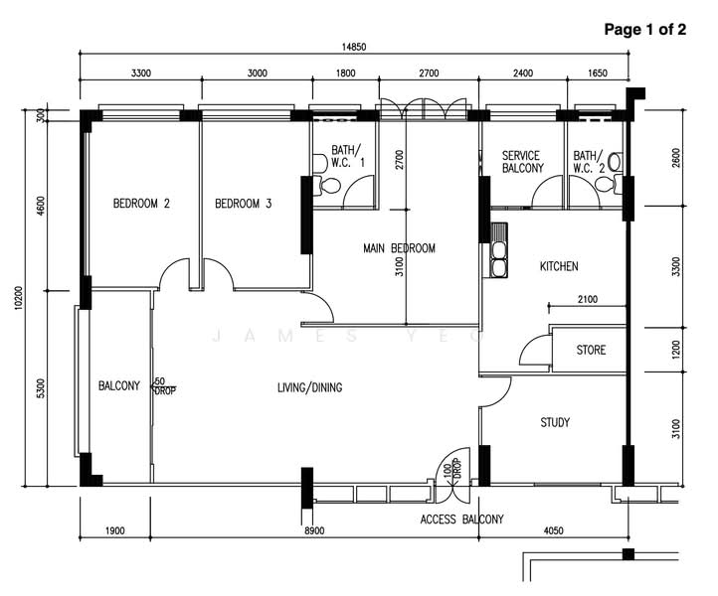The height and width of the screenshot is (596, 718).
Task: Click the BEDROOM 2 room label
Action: pos(141,203)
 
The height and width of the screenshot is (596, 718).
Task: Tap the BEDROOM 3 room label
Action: pos(244,203)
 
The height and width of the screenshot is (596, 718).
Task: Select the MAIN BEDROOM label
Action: pos(400,248)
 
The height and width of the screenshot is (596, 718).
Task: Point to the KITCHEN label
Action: pos(559,266)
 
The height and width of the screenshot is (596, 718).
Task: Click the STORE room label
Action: pos(591,350)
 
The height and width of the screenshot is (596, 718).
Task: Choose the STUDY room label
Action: pos(555,422)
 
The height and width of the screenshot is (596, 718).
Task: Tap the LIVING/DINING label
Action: pos(310,387)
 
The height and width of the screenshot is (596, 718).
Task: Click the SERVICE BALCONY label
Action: pos(522,162)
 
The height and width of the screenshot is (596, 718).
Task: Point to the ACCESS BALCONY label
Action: pos(462,520)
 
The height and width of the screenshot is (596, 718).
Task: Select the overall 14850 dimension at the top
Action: pos(354,47)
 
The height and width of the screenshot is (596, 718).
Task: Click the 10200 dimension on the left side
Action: pos(18,298)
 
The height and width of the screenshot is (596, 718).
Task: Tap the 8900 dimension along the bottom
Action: pos(314,530)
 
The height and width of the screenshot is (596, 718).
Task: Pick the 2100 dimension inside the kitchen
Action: pos(588,299)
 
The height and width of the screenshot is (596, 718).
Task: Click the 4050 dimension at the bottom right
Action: pos(554,530)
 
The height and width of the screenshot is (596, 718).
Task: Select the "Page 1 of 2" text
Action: pos(645,29)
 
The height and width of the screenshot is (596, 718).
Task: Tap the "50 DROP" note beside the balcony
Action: pos(164,386)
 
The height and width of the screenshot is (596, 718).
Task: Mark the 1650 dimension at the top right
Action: pos(597,74)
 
